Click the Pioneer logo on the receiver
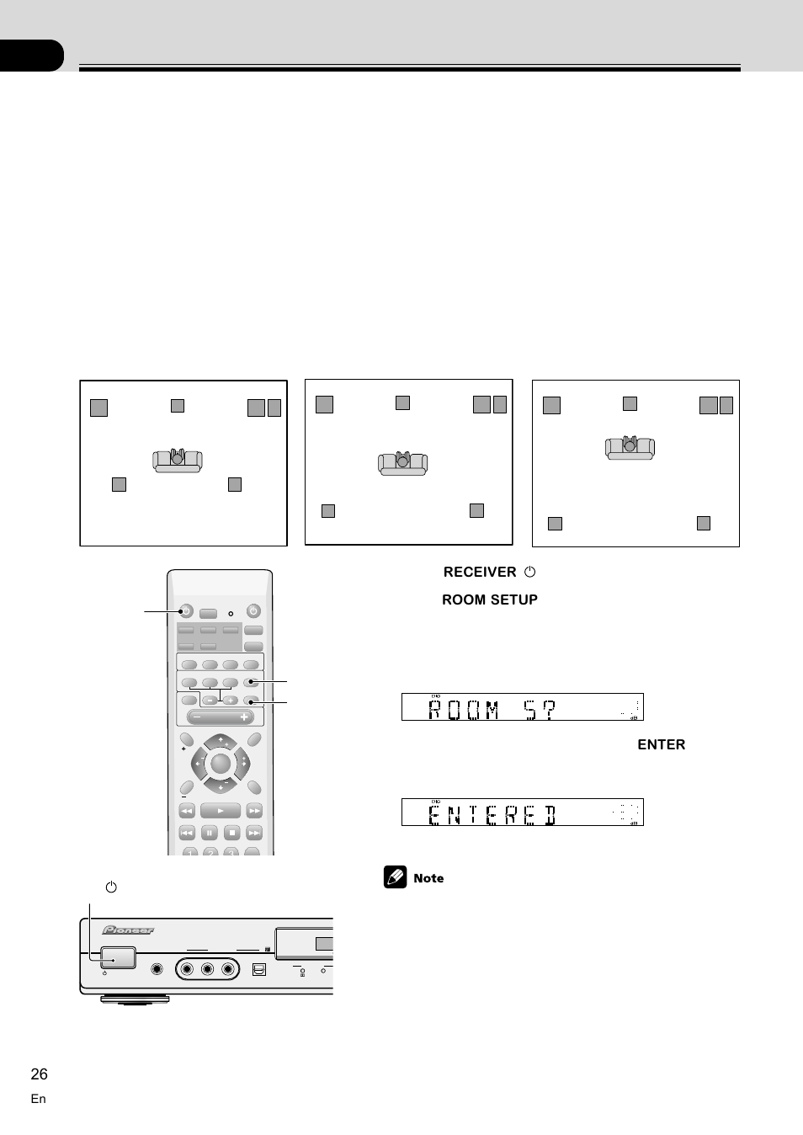128,930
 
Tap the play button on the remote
221,810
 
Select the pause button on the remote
210,833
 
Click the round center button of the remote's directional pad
221,764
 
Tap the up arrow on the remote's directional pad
221,740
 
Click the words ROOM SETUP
490,599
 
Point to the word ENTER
661,744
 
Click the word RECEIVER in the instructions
480,572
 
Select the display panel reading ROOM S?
522,707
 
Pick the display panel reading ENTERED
522,813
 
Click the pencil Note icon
395,877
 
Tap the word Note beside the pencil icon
428,878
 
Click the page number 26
40,1074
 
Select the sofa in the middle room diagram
402,462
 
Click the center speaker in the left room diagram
178,405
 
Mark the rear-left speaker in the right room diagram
555,523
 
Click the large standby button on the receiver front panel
118,957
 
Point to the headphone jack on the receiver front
157,969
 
